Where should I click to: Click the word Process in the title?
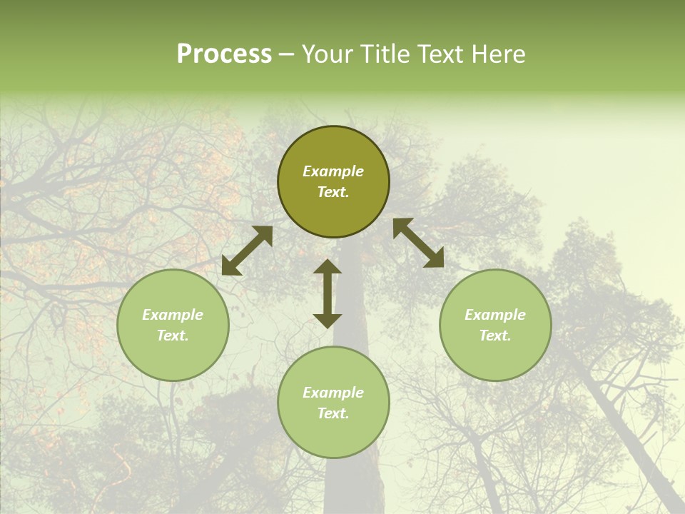tap(224, 54)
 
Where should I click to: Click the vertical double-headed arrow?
tap(328, 293)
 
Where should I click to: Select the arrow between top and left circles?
tap(247, 251)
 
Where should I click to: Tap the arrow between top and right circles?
tap(419, 243)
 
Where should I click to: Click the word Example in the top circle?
tap(333, 171)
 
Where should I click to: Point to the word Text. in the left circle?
tap(173, 336)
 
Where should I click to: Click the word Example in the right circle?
tap(495, 315)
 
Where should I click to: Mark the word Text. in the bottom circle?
tap(333, 413)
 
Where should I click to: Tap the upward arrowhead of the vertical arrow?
tap(328, 267)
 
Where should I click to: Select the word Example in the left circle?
tap(173, 315)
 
